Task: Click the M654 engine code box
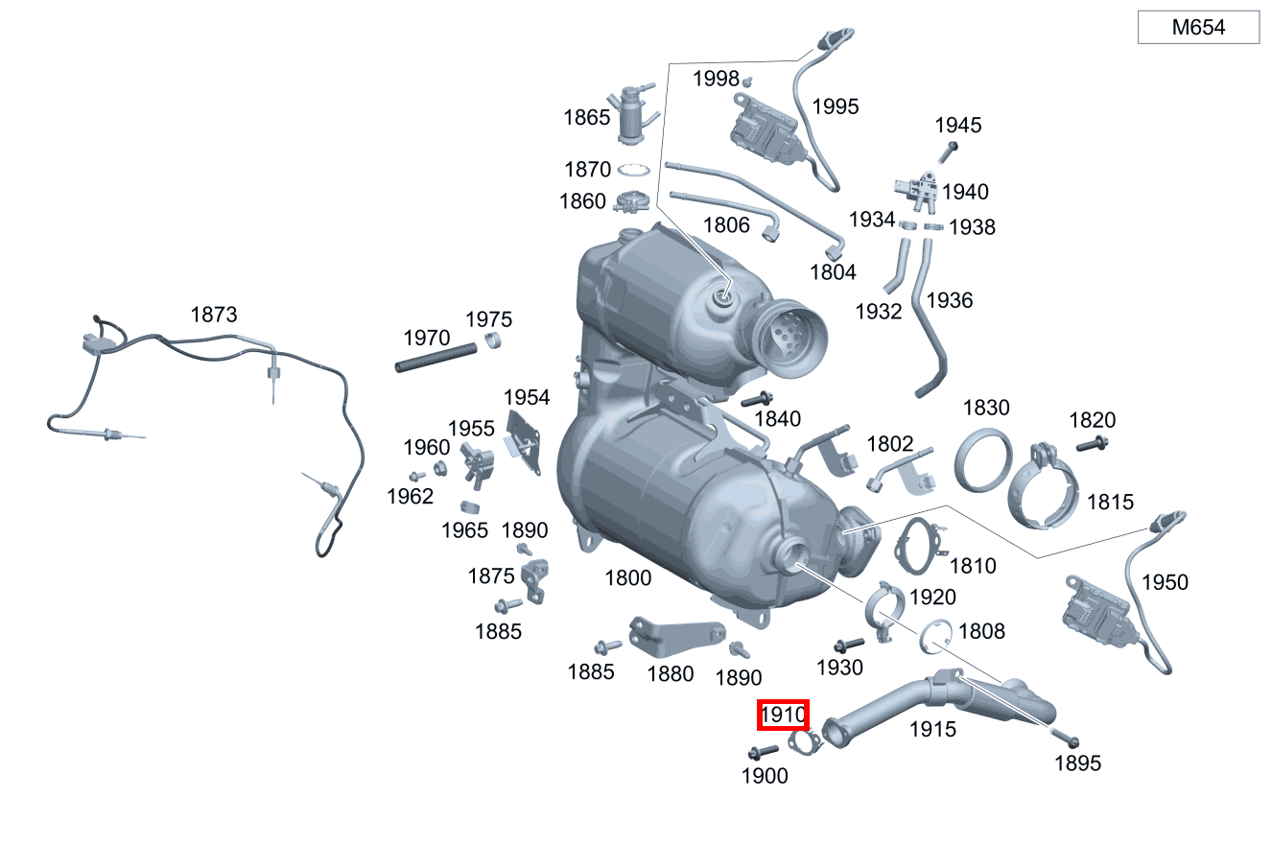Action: click(x=1198, y=28)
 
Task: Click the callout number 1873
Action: click(x=214, y=315)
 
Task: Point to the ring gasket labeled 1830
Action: click(x=986, y=461)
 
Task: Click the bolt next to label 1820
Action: click(x=1092, y=444)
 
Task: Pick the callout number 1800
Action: click(x=627, y=577)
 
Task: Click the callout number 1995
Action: click(x=836, y=106)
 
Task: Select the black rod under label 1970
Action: click(x=436, y=358)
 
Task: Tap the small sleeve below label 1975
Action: click(x=493, y=341)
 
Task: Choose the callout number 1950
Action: click(x=1165, y=582)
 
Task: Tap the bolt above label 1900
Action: click(x=764, y=750)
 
